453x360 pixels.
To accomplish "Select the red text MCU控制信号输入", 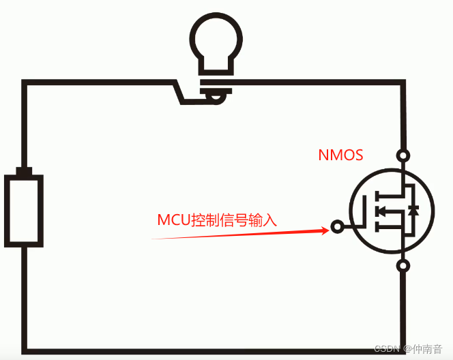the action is (218, 220).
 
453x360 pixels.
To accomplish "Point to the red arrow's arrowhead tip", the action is (329, 230).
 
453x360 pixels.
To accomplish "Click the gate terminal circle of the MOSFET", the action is (337, 226).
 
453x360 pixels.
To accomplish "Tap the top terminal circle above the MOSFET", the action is (404, 155).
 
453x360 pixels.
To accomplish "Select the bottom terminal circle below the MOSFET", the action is (404, 266).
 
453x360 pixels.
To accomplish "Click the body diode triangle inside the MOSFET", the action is (413, 210).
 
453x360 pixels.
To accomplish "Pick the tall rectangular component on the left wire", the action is (25, 210).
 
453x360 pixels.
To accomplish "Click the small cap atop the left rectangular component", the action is (25, 170).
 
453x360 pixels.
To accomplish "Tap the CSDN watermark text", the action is (386, 348).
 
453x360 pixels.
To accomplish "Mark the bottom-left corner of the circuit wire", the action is (25, 351).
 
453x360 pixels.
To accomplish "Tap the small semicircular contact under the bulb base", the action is (216, 100).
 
